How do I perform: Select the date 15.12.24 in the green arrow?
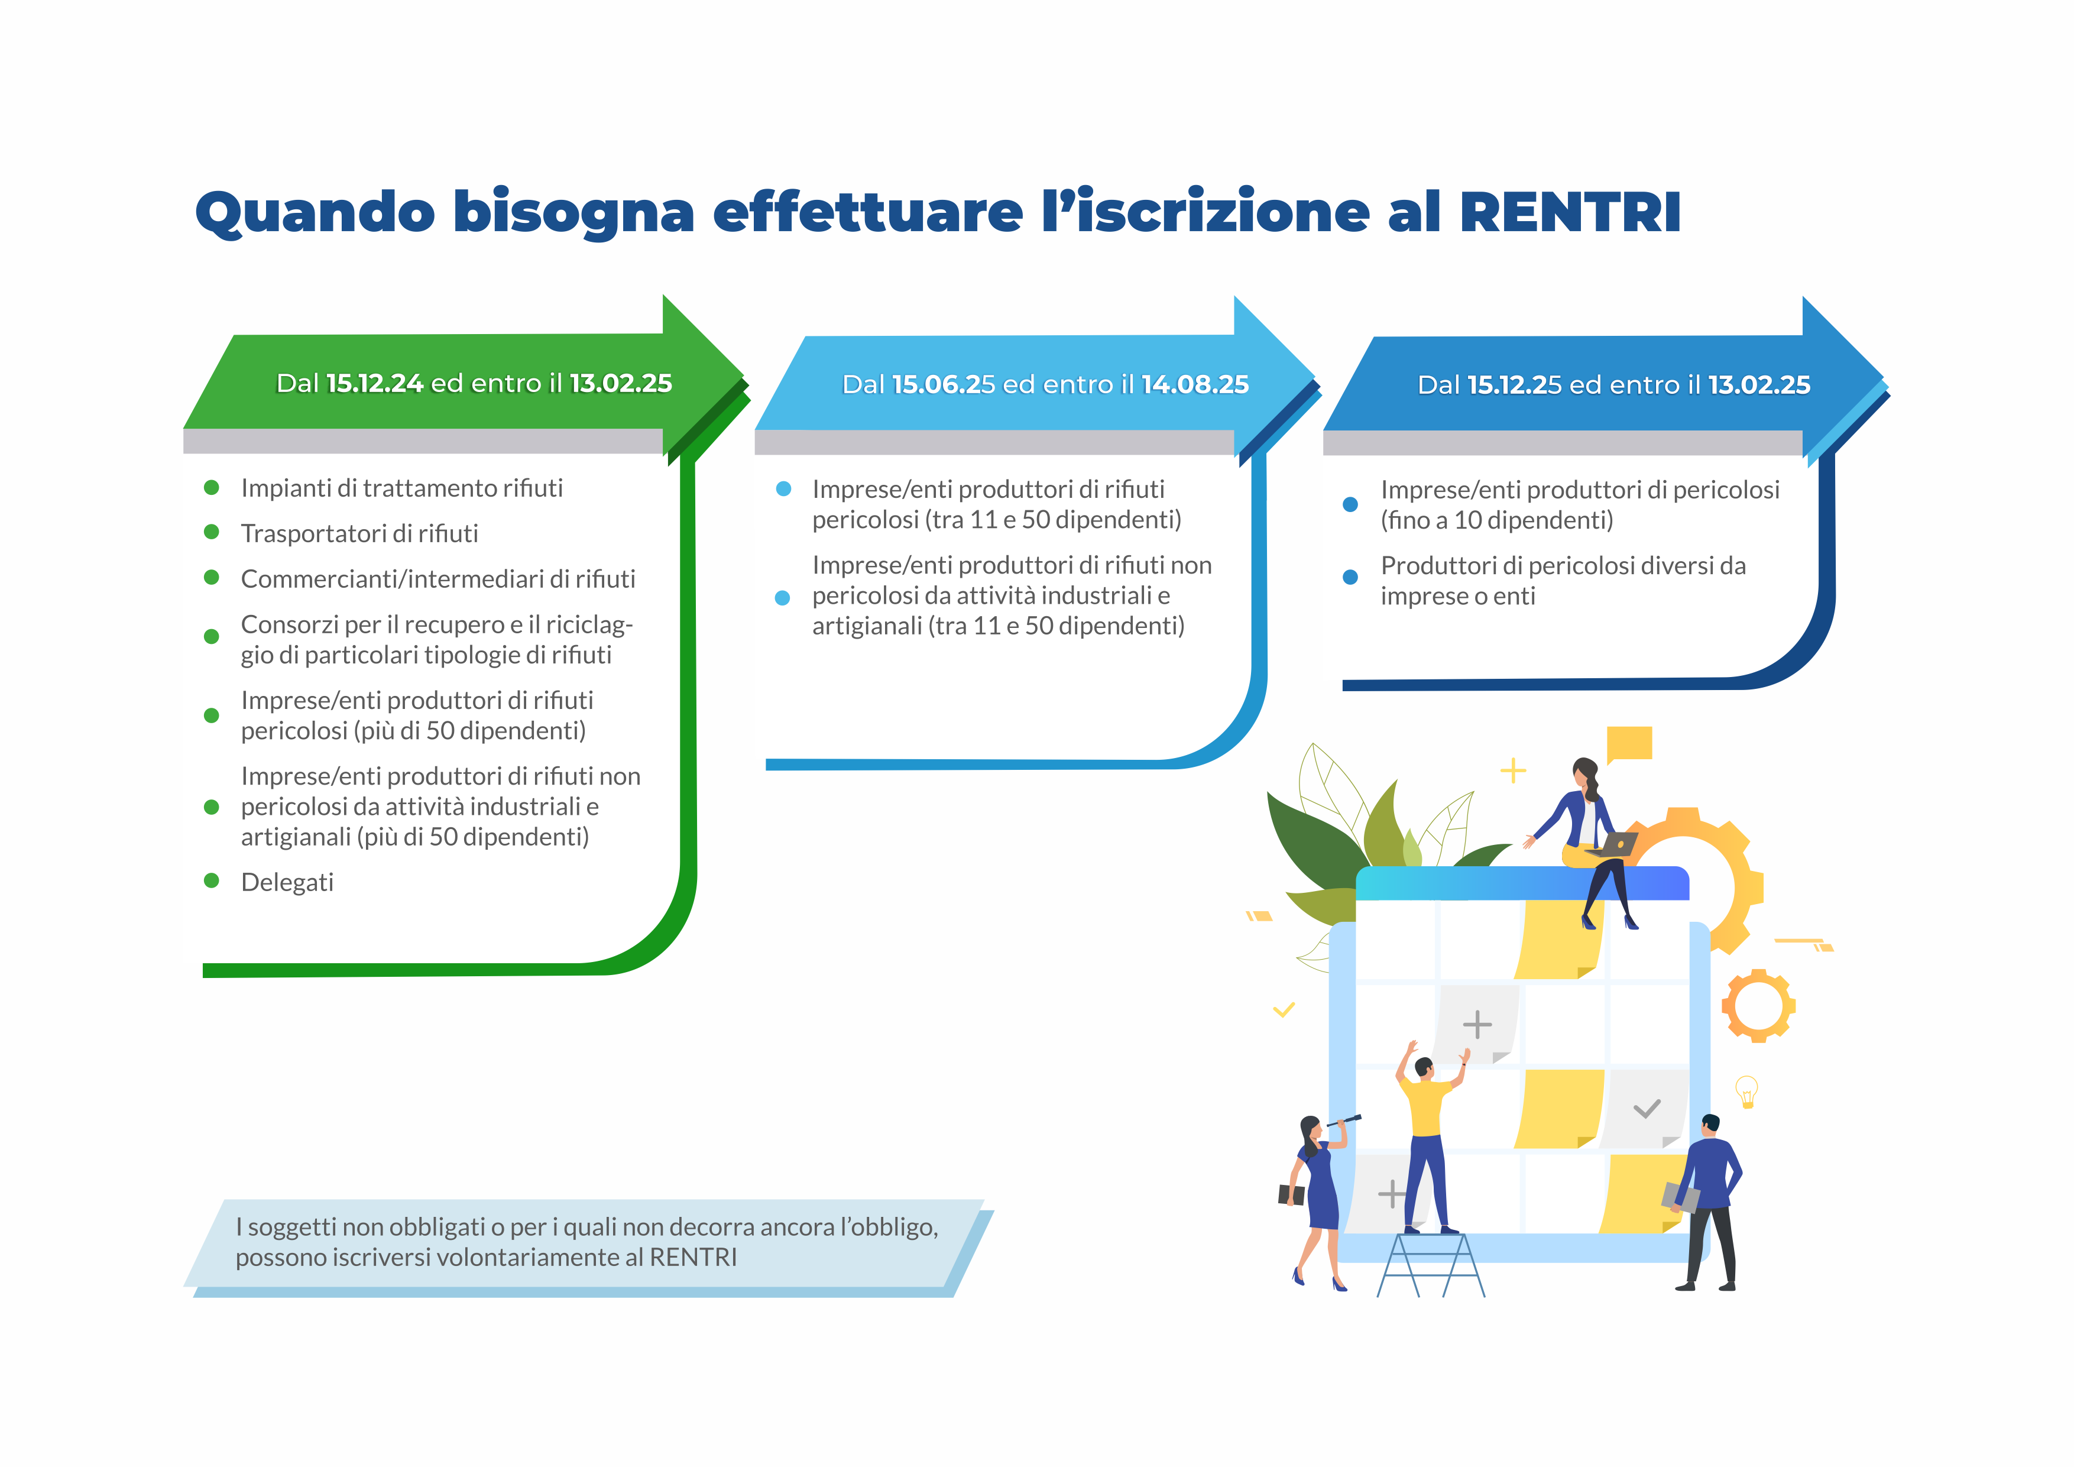pos(375,383)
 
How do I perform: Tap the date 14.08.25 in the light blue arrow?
pos(1195,385)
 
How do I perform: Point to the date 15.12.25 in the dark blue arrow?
pos(1515,385)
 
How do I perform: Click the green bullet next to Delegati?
pos(212,881)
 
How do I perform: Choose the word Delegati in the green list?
pos(287,883)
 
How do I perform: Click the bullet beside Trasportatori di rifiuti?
pos(212,532)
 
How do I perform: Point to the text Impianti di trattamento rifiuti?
pos(402,488)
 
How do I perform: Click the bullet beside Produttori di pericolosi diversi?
pos(1350,577)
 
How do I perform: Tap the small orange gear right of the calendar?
pos(1758,1005)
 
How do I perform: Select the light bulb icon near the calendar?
pos(1747,1091)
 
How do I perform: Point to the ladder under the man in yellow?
pos(1431,1265)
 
